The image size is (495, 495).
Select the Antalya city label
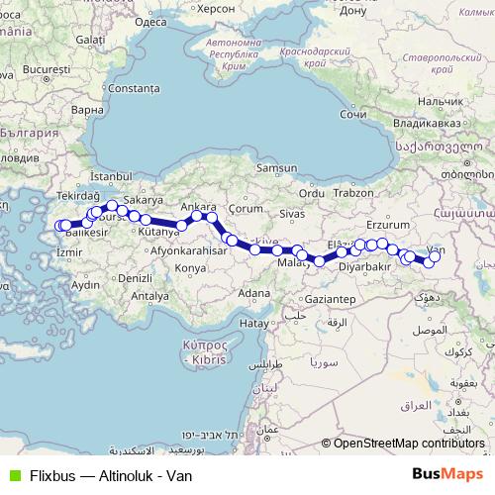point(149,295)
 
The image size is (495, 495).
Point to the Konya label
point(190,267)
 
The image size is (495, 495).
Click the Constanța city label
point(133,88)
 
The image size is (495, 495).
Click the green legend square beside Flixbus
point(13,475)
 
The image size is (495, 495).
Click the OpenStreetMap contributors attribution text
point(409,443)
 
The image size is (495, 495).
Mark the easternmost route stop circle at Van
point(435,256)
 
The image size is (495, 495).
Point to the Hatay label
point(254,323)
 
